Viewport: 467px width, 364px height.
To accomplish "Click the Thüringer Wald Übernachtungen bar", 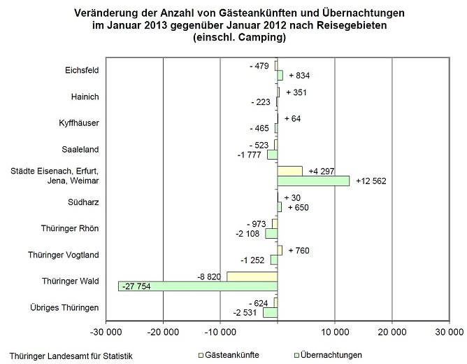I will [197, 286].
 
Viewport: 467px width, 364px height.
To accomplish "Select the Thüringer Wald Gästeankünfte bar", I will [252, 276].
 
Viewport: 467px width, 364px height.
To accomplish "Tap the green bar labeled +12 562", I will [313, 181].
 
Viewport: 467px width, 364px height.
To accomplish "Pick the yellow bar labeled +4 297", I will [289, 171].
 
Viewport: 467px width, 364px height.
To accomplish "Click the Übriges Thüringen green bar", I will [270, 312].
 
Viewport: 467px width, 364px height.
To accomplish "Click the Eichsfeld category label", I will [80, 70].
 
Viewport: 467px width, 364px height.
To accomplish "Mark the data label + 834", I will [299, 75].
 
